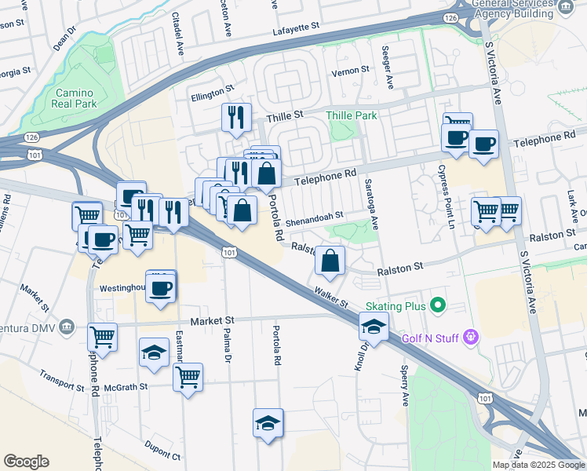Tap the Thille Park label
tap(351, 115)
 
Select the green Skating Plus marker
tap(438, 305)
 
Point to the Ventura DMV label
tap(30, 327)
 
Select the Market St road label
tap(213, 321)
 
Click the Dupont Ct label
tap(162, 451)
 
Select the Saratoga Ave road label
tap(372, 203)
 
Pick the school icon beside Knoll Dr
tap(374, 327)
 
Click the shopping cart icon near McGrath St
tap(188, 377)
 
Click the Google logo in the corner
tap(26, 461)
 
